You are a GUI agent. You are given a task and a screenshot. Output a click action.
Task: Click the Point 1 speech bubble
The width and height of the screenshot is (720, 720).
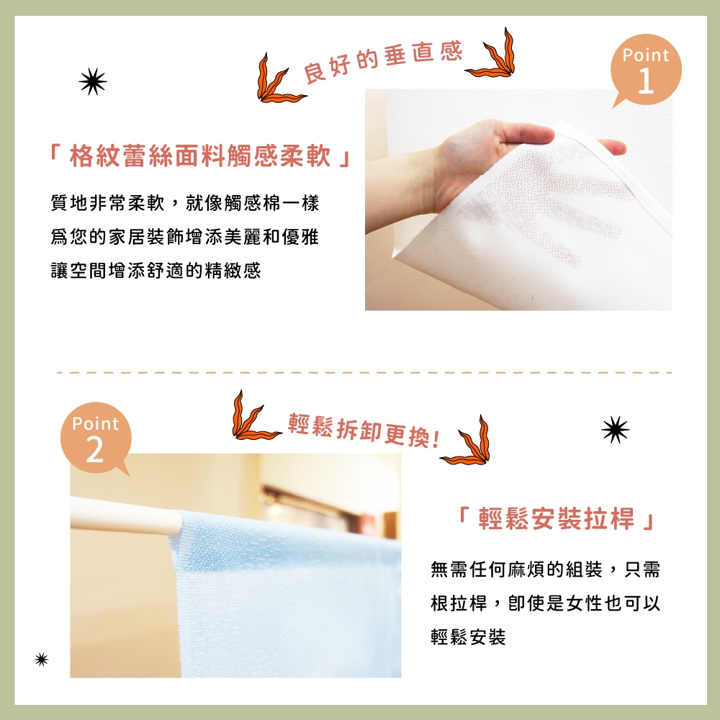pyautogui.click(x=646, y=70)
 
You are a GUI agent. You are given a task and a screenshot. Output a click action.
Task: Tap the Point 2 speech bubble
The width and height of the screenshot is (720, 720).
pyautogui.click(x=96, y=438)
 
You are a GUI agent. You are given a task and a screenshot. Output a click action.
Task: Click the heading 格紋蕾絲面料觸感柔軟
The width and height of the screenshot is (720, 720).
pyautogui.click(x=200, y=156)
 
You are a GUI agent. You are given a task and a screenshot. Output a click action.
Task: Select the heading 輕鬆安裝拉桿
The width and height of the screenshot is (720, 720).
pyautogui.click(x=556, y=518)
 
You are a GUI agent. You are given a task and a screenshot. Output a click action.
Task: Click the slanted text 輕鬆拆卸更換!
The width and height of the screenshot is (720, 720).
pyautogui.click(x=364, y=430)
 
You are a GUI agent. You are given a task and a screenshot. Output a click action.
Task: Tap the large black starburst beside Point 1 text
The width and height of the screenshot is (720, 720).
pyautogui.click(x=93, y=82)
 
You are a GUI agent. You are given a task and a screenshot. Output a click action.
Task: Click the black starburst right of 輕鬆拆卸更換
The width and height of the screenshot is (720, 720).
pyautogui.click(x=616, y=430)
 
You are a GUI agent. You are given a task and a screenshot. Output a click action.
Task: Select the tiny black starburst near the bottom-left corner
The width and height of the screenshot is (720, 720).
pyautogui.click(x=41, y=660)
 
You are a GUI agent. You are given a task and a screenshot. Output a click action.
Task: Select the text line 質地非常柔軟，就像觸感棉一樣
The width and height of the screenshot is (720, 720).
pyautogui.click(x=184, y=203)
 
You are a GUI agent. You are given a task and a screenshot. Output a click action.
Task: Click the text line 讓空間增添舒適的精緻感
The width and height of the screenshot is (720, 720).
pyautogui.click(x=156, y=270)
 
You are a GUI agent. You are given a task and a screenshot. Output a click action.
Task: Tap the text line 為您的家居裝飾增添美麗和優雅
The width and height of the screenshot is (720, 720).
pyautogui.click(x=184, y=236)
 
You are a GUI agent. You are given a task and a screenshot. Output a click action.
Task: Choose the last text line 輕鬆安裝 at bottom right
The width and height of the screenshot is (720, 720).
pyautogui.click(x=468, y=636)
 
